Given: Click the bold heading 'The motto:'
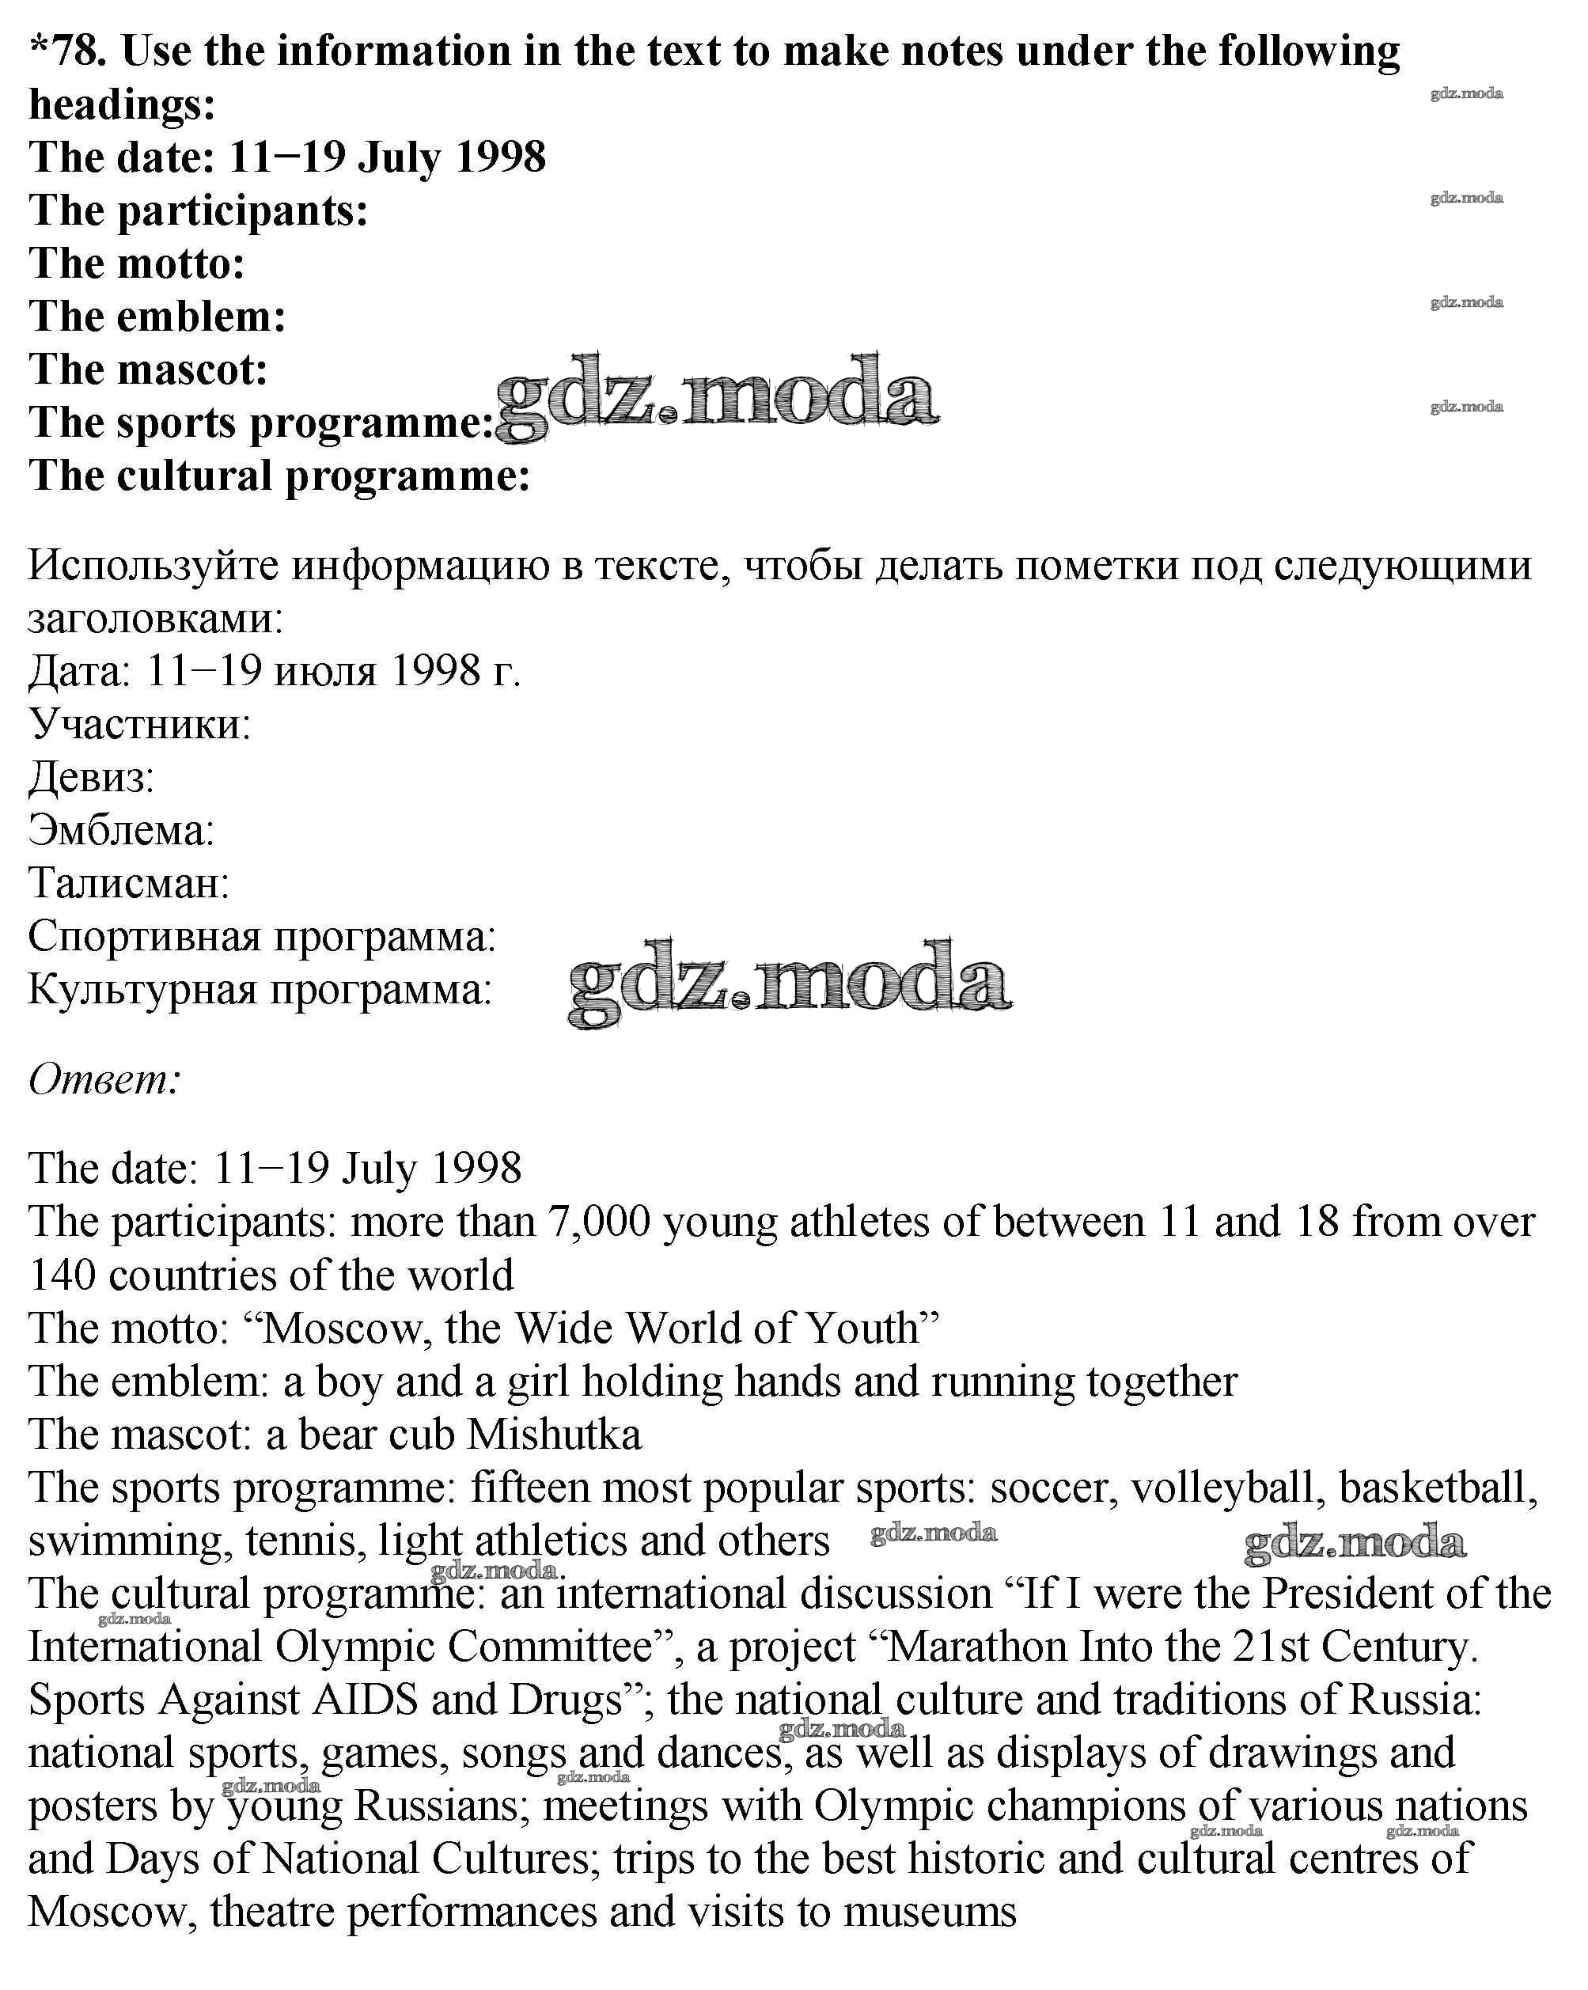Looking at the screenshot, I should pyautogui.click(x=137, y=264).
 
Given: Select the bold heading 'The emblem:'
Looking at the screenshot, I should pyautogui.click(x=157, y=317).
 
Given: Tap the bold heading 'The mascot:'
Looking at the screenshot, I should pyautogui.click(x=148, y=370).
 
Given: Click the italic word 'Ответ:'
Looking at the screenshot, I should pyautogui.click(x=104, y=1078).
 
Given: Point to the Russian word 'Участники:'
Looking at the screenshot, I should pyautogui.click(x=139, y=725).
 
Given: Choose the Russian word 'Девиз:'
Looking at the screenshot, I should pyautogui.click(x=90, y=777).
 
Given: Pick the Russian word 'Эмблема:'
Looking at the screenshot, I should pyautogui.click(x=121, y=831).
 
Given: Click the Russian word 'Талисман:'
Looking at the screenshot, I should pyautogui.click(x=128, y=883).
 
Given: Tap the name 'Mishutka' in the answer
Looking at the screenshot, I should pyautogui.click(x=555, y=1435).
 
